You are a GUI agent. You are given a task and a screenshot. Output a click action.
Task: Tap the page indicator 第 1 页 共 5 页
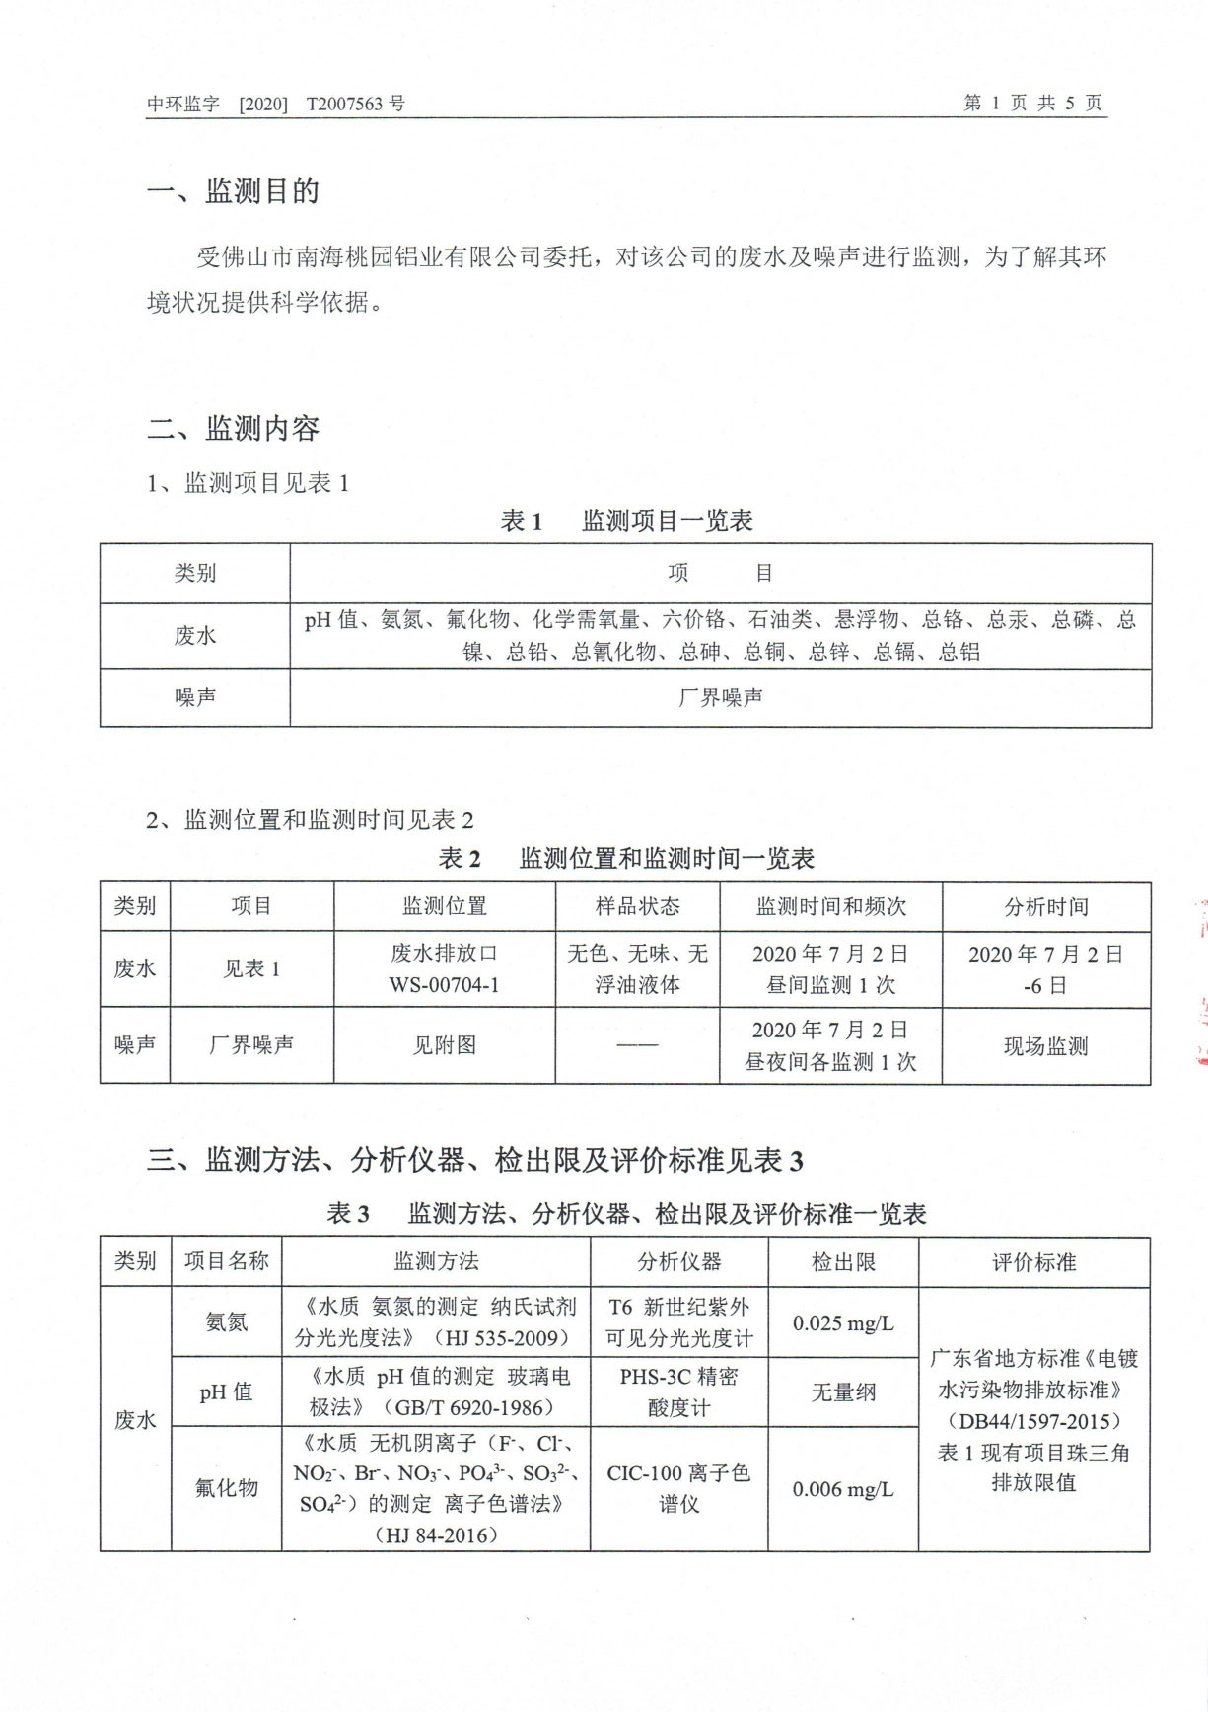tap(1031, 104)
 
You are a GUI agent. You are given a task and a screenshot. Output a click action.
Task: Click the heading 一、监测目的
tap(234, 191)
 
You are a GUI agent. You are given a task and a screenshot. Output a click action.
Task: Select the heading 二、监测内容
tap(234, 429)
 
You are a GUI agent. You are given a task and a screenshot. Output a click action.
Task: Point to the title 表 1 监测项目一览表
tap(627, 521)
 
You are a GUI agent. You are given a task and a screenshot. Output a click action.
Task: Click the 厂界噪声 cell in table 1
tap(720, 698)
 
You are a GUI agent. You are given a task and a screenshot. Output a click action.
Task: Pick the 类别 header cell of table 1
tap(194, 574)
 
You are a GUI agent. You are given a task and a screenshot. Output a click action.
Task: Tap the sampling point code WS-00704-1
tap(444, 985)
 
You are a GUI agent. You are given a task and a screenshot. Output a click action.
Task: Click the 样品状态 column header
tap(637, 907)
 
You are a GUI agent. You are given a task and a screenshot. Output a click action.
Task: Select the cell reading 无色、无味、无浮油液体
tap(637, 969)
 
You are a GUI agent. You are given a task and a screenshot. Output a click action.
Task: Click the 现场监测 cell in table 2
tap(1045, 1047)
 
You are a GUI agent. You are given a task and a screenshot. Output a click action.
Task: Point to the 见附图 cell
tap(444, 1045)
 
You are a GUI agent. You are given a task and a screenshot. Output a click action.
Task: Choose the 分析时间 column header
tap(1045, 907)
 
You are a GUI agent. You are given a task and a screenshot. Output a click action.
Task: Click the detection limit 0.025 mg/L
tap(843, 1323)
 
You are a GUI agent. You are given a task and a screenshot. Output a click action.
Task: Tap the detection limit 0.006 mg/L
tap(843, 1489)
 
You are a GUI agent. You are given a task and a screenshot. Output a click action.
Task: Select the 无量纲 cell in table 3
tap(843, 1392)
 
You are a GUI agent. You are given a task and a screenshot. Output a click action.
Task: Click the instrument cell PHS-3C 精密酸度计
tap(678, 1392)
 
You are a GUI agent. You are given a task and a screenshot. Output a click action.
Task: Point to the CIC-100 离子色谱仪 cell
tap(678, 1488)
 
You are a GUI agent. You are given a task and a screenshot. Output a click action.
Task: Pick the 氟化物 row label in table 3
tap(226, 1488)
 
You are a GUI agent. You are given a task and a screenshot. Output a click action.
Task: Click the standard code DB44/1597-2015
tap(1033, 1421)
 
